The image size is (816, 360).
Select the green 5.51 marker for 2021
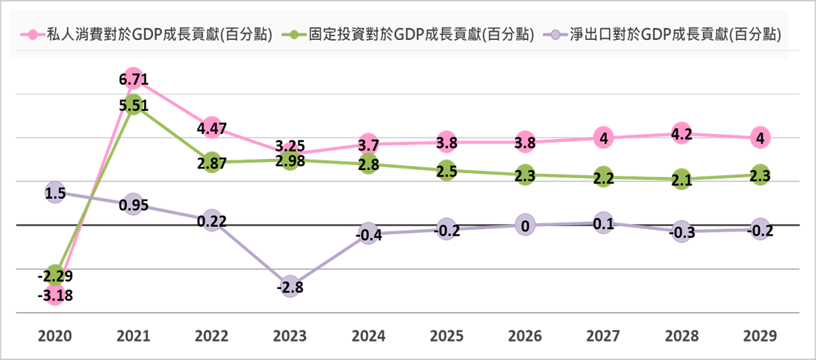point(133,105)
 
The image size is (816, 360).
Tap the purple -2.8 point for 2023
point(290,288)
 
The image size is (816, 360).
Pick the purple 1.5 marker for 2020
point(55,193)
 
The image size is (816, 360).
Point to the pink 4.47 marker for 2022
point(211,128)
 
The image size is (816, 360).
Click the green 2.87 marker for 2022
point(211,163)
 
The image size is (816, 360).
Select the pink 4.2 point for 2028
point(681,134)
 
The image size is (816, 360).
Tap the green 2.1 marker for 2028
point(681,180)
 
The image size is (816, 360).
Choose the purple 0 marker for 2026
point(525,225)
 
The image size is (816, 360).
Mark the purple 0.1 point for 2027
point(603,223)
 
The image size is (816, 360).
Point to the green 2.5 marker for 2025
point(446,171)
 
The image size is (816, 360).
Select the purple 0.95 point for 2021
point(133,205)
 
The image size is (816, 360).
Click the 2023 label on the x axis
point(290,336)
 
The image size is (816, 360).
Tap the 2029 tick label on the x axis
point(760,336)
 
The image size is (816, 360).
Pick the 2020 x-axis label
point(55,336)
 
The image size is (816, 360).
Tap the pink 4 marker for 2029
point(760,137)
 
